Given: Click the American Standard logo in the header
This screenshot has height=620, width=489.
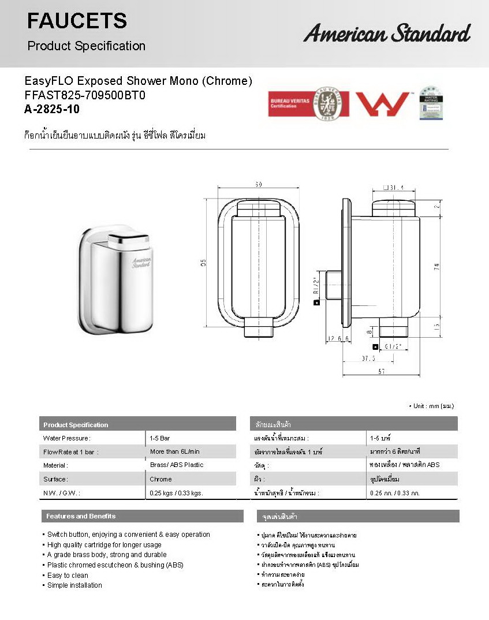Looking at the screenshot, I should coord(387,33).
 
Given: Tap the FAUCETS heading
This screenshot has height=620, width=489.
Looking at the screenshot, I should coord(77,21).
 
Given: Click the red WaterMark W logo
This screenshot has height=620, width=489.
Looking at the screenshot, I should coord(382,104).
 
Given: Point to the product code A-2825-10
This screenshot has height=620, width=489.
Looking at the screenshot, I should coord(52,110).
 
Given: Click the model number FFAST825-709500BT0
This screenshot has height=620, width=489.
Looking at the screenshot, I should coord(84,95).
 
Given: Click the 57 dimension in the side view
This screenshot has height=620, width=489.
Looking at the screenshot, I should coord(382,372).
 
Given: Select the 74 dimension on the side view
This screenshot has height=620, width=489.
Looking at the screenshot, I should coord(436,267).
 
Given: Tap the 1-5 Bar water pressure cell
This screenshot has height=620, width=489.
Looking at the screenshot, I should coord(160,438).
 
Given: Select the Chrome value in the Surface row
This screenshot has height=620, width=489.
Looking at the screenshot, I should coord(160,479).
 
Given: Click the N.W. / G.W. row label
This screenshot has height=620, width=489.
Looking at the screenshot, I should coord(62,493).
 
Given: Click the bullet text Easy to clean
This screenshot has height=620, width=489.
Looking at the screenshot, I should coord(68,575).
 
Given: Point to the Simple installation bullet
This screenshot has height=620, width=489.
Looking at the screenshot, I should coord(74,585).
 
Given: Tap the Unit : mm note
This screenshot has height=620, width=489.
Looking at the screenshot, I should coord(431,406).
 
